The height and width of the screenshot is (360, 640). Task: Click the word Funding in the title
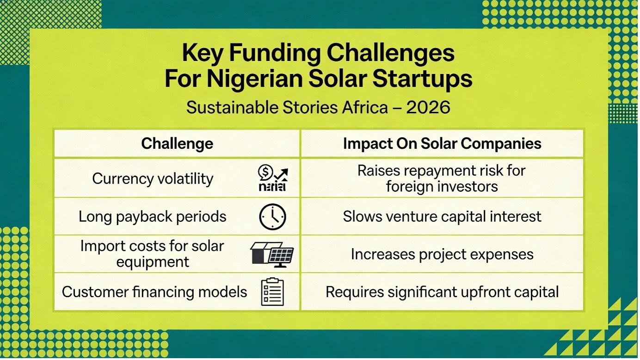pyautogui.click(x=275, y=54)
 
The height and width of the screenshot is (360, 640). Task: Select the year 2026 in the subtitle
pyautogui.click(x=428, y=108)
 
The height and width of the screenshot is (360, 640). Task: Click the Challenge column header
pyautogui.click(x=177, y=143)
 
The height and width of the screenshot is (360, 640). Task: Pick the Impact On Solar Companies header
pyautogui.click(x=442, y=143)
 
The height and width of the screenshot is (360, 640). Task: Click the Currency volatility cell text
pyautogui.click(x=153, y=179)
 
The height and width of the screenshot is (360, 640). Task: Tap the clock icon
pyautogui.click(x=272, y=217)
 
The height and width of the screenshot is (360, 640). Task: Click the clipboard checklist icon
pyautogui.click(x=272, y=292)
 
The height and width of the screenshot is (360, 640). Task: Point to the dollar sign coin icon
pyautogui.click(x=265, y=172)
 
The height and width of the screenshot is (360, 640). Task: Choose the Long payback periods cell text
pyautogui.click(x=152, y=217)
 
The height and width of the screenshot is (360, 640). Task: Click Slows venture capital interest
pyautogui.click(x=442, y=216)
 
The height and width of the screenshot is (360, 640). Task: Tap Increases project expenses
pyautogui.click(x=442, y=254)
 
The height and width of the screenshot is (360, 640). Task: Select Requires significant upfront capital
pyautogui.click(x=442, y=292)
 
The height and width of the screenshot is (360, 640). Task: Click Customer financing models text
pyautogui.click(x=154, y=292)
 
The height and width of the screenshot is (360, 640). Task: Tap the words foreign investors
pyautogui.click(x=442, y=187)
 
